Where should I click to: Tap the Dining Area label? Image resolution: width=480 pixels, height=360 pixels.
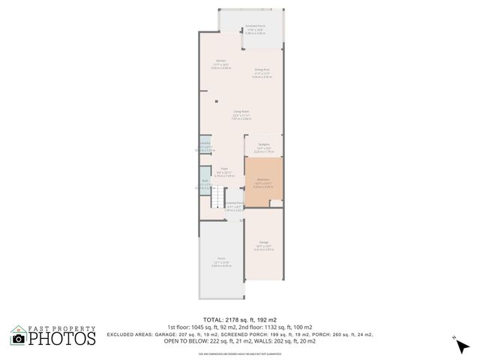click(x=261, y=69)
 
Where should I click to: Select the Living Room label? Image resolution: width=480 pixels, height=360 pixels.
click(x=241, y=112)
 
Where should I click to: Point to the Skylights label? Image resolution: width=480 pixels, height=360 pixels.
click(x=264, y=144)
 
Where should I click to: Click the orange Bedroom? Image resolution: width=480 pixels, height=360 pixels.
click(x=263, y=180)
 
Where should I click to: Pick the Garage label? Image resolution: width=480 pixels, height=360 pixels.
click(x=264, y=242)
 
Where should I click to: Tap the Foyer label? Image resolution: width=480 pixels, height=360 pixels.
click(x=223, y=169)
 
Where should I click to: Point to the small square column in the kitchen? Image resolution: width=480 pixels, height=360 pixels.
click(x=217, y=101)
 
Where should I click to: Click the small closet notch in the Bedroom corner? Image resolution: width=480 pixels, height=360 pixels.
click(x=276, y=202)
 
